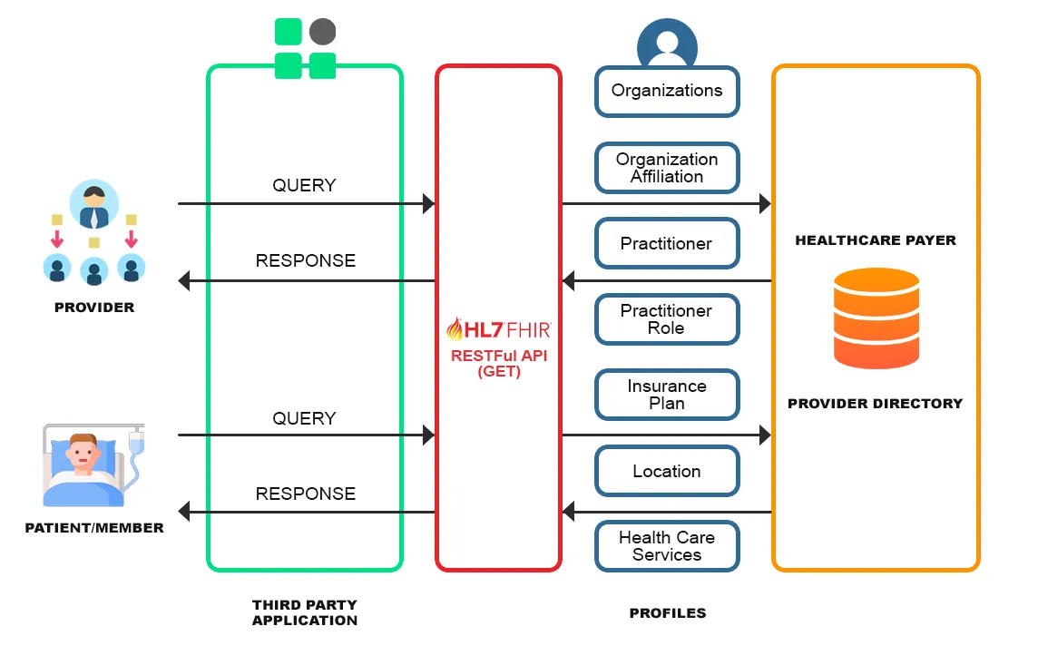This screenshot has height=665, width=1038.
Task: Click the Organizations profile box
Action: pyautogui.click(x=667, y=91)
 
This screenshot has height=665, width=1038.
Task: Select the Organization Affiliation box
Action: pyautogui.click(x=667, y=168)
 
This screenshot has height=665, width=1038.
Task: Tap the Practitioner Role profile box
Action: pyautogui.click(x=667, y=319)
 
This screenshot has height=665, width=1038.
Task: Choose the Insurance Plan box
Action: pyautogui.click(x=667, y=395)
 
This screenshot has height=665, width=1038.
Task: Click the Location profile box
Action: pyautogui.click(x=667, y=471)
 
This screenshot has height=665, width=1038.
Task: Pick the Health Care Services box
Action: pyautogui.click(x=667, y=546)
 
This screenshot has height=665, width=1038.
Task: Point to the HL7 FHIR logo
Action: pyautogui.click(x=498, y=328)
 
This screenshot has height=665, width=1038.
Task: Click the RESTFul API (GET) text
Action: pyautogui.click(x=498, y=363)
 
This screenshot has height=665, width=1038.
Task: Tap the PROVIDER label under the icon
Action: pyautogui.click(x=94, y=308)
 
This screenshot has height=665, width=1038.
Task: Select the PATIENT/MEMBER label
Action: pyautogui.click(x=94, y=527)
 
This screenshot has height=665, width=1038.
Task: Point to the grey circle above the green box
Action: pyautogui.click(x=322, y=33)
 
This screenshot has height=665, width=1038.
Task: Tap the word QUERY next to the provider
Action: pyautogui.click(x=304, y=185)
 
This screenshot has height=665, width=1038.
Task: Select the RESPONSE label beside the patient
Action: pyautogui.click(x=305, y=494)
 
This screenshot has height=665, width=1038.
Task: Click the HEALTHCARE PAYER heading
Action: pyautogui.click(x=876, y=240)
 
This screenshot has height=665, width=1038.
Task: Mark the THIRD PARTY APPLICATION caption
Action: pyautogui.click(x=305, y=612)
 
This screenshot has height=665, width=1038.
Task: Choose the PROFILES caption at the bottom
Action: pyautogui.click(x=667, y=613)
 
